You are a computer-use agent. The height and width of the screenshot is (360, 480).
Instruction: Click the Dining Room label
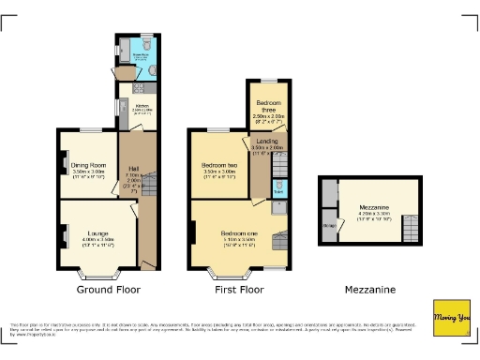tap(88, 166)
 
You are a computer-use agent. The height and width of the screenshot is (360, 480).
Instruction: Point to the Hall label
tap(133, 169)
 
